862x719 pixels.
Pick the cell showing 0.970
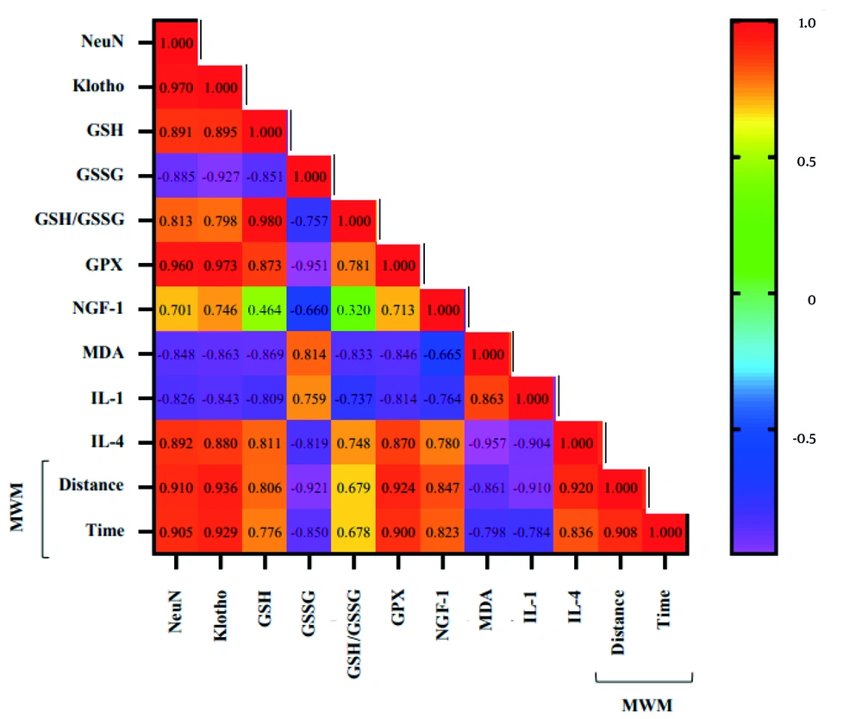coord(177,87)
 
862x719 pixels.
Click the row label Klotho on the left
coord(97,86)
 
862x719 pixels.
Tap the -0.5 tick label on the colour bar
coord(805,438)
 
